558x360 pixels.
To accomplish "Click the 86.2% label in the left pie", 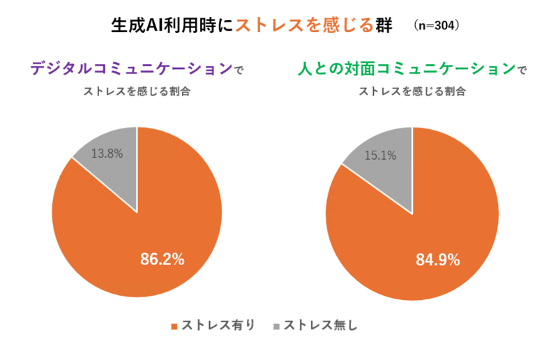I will pyautogui.click(x=163, y=260).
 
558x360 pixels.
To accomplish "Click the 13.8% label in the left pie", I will pyautogui.click(x=108, y=153).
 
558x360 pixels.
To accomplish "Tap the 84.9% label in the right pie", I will pyautogui.click(x=437, y=260).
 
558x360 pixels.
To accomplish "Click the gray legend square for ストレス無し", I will pyautogui.click(x=276, y=326).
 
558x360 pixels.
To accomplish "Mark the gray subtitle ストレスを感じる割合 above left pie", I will pyautogui.click(x=137, y=91).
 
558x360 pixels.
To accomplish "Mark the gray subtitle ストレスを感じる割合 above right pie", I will pyautogui.click(x=412, y=91).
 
